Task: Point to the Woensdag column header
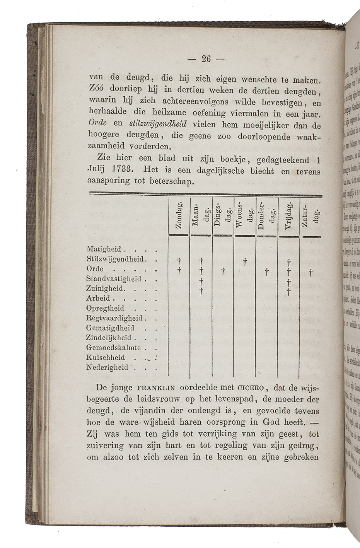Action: tap(245, 217)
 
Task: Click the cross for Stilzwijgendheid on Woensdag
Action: tap(245, 263)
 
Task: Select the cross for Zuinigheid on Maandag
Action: tap(201, 292)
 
